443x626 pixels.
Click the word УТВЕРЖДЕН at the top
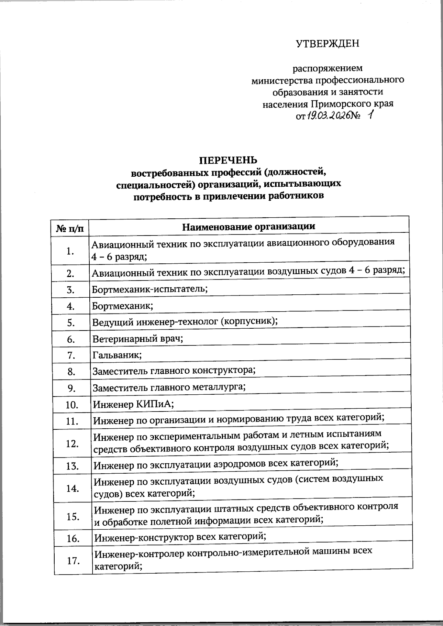(327, 44)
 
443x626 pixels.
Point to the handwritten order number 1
(370, 116)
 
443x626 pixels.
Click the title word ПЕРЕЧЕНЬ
(228, 160)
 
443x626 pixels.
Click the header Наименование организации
(249, 226)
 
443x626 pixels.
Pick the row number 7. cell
(71, 356)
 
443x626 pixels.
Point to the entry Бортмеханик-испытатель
(150, 288)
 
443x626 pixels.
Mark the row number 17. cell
(73, 561)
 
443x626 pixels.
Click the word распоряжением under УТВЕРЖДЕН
(327, 68)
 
